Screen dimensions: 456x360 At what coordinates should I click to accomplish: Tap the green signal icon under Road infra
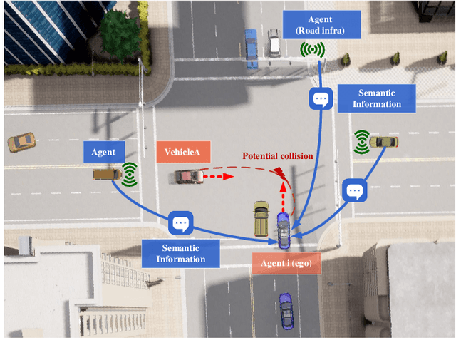(x=312, y=51)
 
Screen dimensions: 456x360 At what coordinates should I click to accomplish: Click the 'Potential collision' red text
(x=277, y=155)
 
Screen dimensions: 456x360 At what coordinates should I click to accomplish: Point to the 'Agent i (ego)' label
(x=286, y=263)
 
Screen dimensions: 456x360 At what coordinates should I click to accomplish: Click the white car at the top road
(x=274, y=42)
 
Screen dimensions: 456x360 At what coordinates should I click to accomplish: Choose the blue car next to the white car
(x=250, y=47)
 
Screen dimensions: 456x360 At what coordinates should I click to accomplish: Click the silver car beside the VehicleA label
(x=187, y=175)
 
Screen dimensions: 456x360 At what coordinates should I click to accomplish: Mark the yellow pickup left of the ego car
(x=261, y=219)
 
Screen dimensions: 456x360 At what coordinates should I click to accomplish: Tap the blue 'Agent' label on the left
(x=103, y=152)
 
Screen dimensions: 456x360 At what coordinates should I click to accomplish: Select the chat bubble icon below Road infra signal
(x=320, y=99)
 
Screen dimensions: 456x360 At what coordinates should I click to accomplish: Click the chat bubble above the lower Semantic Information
(x=180, y=224)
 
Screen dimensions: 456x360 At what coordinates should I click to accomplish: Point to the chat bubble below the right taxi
(x=354, y=190)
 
